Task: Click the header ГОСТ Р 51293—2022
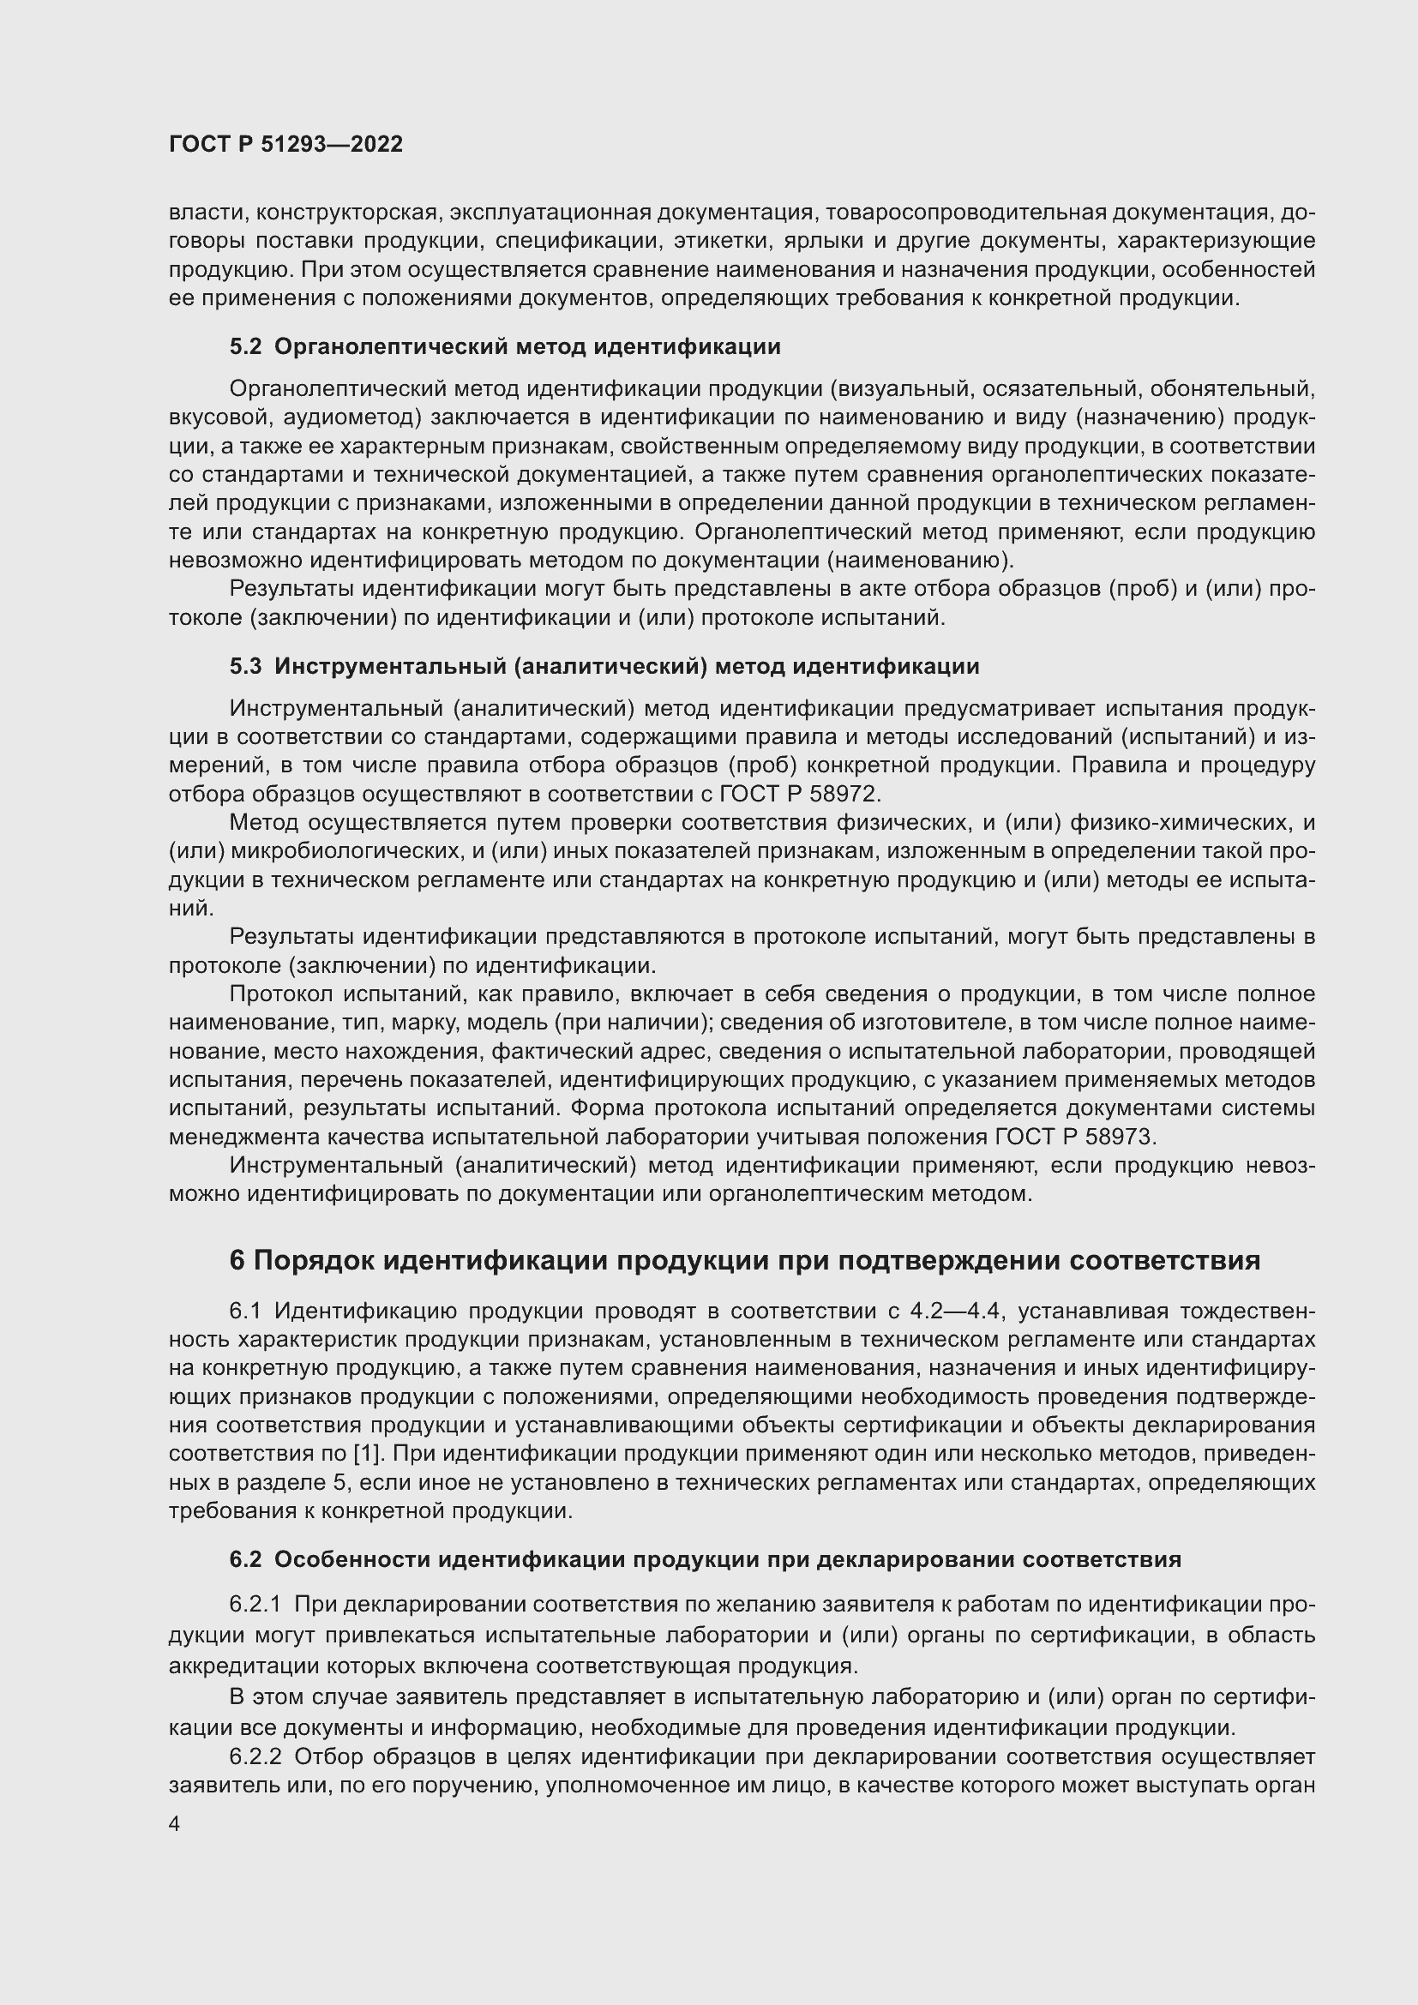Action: (x=285, y=145)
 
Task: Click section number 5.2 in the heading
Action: (x=245, y=347)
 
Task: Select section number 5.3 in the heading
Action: (x=245, y=667)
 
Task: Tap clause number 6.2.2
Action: (x=255, y=1757)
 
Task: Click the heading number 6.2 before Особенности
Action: (x=245, y=1560)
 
